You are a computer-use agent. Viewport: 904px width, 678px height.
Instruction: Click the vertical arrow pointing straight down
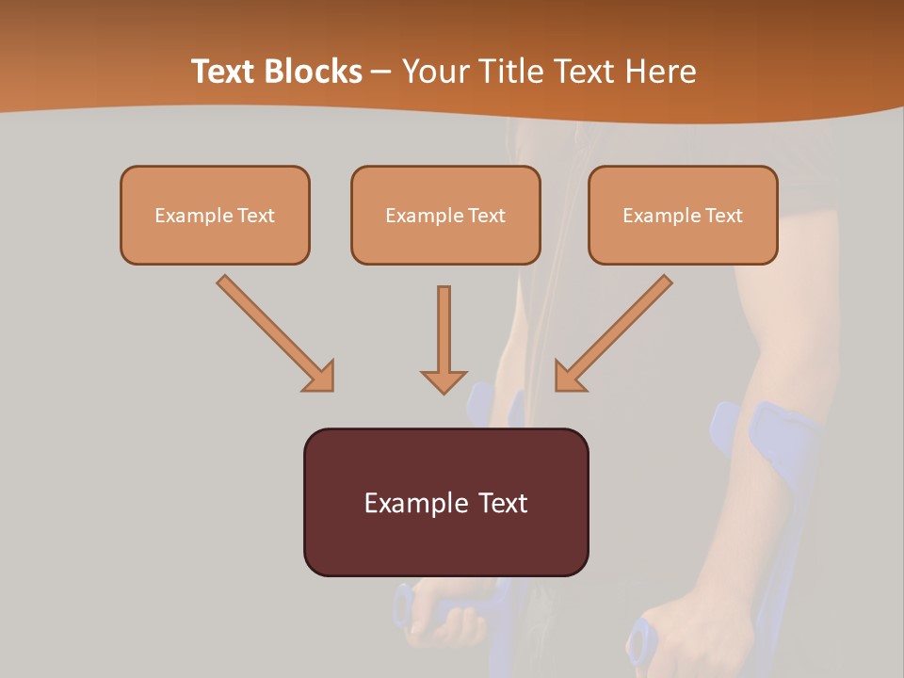(x=444, y=339)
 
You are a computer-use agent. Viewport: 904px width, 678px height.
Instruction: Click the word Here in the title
(x=658, y=72)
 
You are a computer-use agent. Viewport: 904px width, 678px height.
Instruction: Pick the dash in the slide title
(x=381, y=72)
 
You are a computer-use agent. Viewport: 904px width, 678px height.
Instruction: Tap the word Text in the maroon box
(x=502, y=503)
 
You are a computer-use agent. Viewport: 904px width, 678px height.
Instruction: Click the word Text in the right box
(x=724, y=216)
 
